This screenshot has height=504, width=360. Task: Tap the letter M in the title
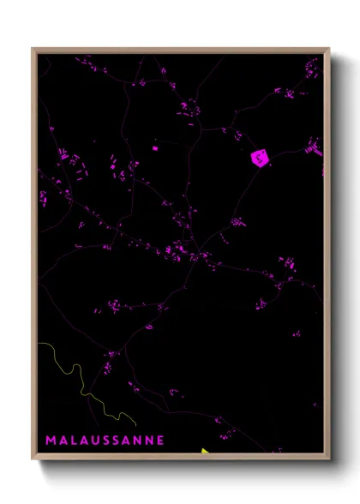tap(51, 440)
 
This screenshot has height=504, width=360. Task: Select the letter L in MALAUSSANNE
tap(71, 440)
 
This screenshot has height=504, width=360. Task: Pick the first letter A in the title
tap(61, 440)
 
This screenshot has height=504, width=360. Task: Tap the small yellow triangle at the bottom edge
tap(205, 451)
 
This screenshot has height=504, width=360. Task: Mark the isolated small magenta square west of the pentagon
tap(155, 148)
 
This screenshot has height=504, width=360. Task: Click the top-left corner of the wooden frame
tap(33, 49)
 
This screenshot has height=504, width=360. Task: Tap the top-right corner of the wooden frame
tap(328, 49)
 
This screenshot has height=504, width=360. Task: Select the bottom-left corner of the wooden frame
tap(33, 459)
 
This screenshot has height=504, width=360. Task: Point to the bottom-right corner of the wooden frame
tap(328, 459)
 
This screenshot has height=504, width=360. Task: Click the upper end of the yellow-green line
tap(39, 344)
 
